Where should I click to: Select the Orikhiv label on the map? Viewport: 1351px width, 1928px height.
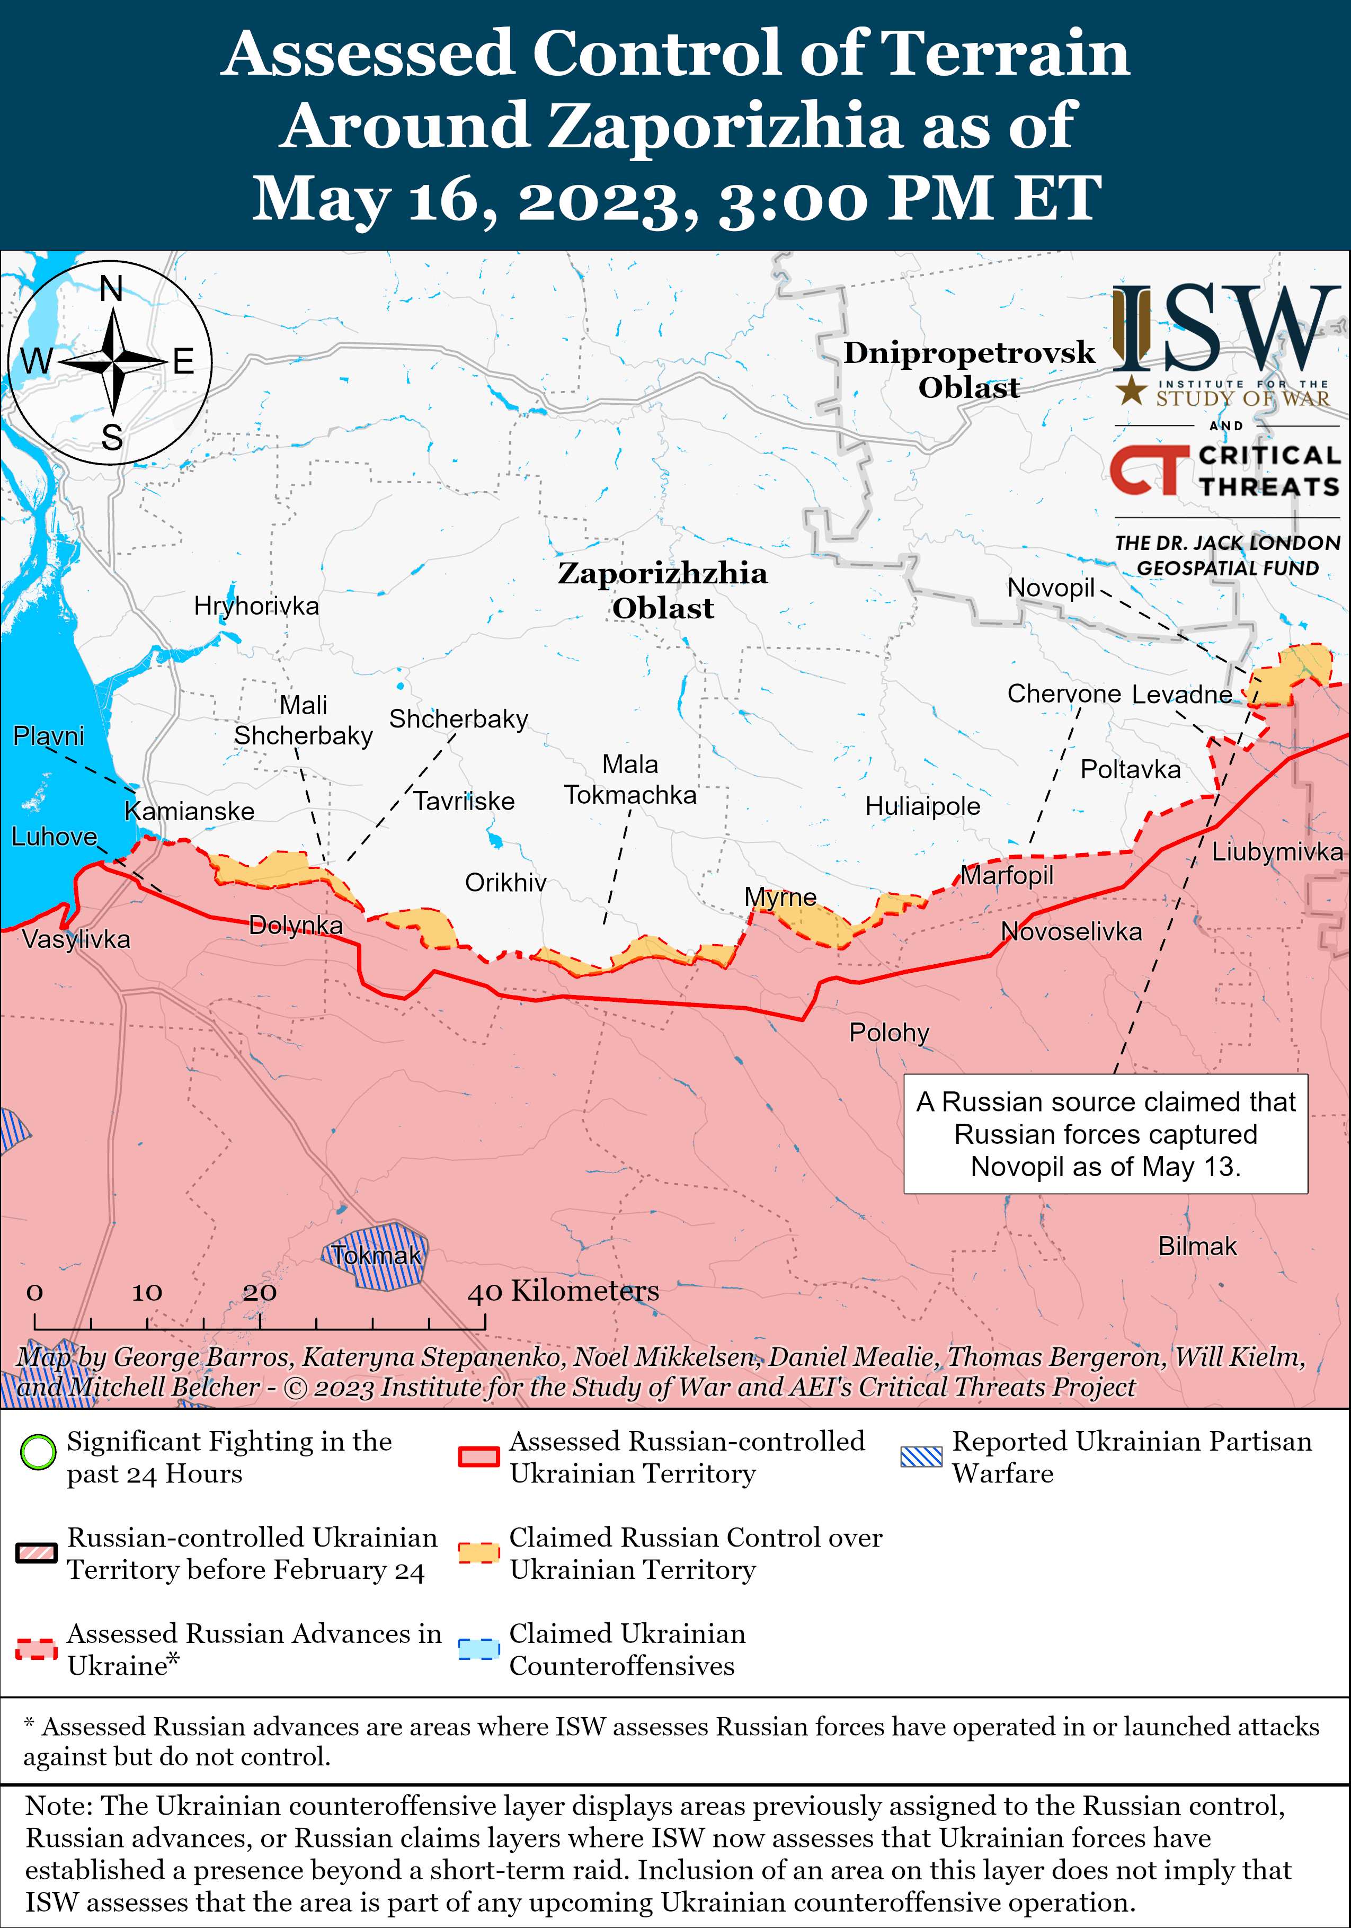505,883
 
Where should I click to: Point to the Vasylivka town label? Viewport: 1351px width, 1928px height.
76,939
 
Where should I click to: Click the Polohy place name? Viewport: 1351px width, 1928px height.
888,1032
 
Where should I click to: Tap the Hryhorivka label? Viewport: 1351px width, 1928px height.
256,606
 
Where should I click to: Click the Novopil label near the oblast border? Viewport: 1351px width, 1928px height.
1051,588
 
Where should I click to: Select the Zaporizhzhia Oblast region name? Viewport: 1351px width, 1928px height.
662,590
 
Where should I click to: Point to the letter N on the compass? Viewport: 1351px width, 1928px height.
112,289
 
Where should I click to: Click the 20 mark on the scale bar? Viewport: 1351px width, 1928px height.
260,1292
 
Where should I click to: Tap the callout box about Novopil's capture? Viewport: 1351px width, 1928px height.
1105,1134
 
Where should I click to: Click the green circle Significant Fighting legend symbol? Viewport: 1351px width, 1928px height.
38,1452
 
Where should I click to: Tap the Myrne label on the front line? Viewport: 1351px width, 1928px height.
780,897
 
